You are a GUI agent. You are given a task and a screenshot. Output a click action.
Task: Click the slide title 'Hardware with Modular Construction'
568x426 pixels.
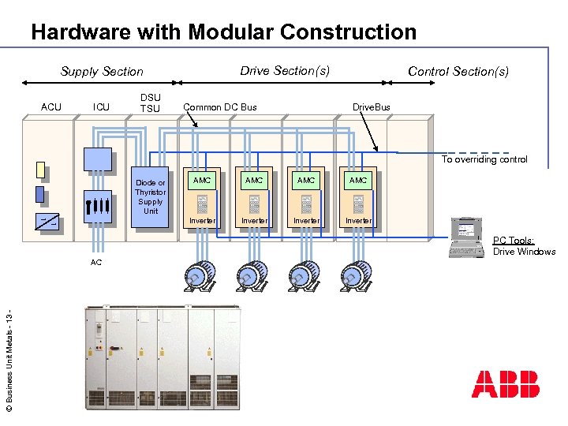(x=223, y=32)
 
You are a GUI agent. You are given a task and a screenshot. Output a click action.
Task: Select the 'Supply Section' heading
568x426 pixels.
(x=102, y=71)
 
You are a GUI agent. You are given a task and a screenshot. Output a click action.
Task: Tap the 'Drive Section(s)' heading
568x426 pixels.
(x=285, y=70)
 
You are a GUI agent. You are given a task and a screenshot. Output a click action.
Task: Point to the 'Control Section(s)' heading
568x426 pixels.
(x=458, y=71)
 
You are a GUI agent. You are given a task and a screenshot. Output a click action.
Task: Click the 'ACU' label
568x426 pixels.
(x=51, y=106)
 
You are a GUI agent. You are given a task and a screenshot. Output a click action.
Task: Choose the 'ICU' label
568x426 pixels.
(x=101, y=106)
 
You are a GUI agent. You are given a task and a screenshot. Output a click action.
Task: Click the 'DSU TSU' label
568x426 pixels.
(x=150, y=103)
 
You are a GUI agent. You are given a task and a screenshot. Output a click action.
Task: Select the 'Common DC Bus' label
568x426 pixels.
(x=220, y=106)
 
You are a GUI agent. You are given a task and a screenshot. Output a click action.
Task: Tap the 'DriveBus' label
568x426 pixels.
(x=371, y=106)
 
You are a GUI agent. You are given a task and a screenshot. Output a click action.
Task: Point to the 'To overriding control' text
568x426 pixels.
(x=484, y=159)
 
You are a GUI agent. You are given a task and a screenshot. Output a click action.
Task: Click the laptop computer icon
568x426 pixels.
(x=467, y=237)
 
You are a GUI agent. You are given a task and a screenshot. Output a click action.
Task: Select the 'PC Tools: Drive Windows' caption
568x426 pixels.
(x=524, y=246)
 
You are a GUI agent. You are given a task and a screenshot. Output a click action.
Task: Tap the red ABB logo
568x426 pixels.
(x=505, y=384)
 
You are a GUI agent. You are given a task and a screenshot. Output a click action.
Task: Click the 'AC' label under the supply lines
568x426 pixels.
(x=95, y=261)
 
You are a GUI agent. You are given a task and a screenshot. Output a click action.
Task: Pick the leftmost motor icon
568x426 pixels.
(x=200, y=275)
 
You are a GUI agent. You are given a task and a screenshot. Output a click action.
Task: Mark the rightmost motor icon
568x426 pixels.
(x=356, y=275)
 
